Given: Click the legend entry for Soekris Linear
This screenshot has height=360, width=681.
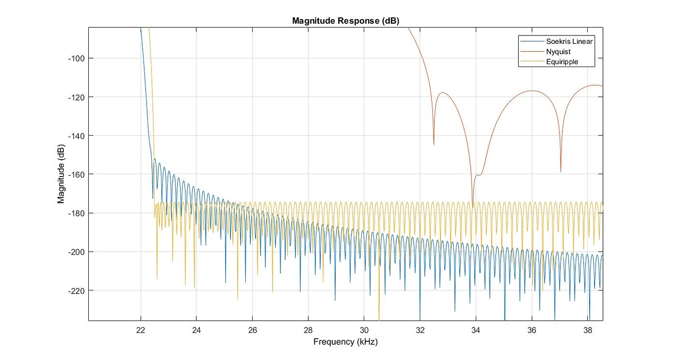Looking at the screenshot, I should point(569,41).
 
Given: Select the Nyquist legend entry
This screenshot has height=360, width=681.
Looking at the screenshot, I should point(558,51).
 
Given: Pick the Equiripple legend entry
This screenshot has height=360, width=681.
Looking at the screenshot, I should point(562,62).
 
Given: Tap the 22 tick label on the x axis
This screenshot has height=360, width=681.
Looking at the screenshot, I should point(141,329).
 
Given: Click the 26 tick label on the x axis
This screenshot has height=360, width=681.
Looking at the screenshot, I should point(252,329).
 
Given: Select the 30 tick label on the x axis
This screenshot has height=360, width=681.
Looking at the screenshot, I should point(364,329).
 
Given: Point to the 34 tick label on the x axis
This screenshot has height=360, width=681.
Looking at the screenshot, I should point(476,329).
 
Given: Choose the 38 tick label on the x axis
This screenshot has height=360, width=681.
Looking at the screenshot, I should point(588,329).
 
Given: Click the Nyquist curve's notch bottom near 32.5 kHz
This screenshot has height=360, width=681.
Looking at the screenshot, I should point(434,144).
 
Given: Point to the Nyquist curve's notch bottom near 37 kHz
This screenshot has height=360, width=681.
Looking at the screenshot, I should point(561,171).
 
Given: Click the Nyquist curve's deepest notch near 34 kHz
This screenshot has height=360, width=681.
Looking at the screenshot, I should point(473,206).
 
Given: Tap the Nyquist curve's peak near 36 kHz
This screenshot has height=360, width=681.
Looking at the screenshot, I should point(532,91).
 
